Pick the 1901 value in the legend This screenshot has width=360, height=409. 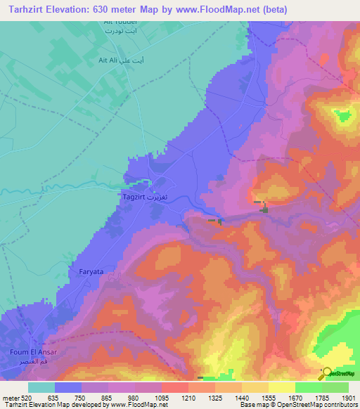(x=347, y=398)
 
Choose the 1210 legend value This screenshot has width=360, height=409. (x=188, y=398)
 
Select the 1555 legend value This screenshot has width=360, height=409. (x=268, y=398)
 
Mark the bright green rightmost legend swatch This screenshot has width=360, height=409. (x=335, y=387)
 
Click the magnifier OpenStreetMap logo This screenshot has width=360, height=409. (x=326, y=374)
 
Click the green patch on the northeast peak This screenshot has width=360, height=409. (x=342, y=115)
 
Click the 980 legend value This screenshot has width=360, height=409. (x=135, y=398)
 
